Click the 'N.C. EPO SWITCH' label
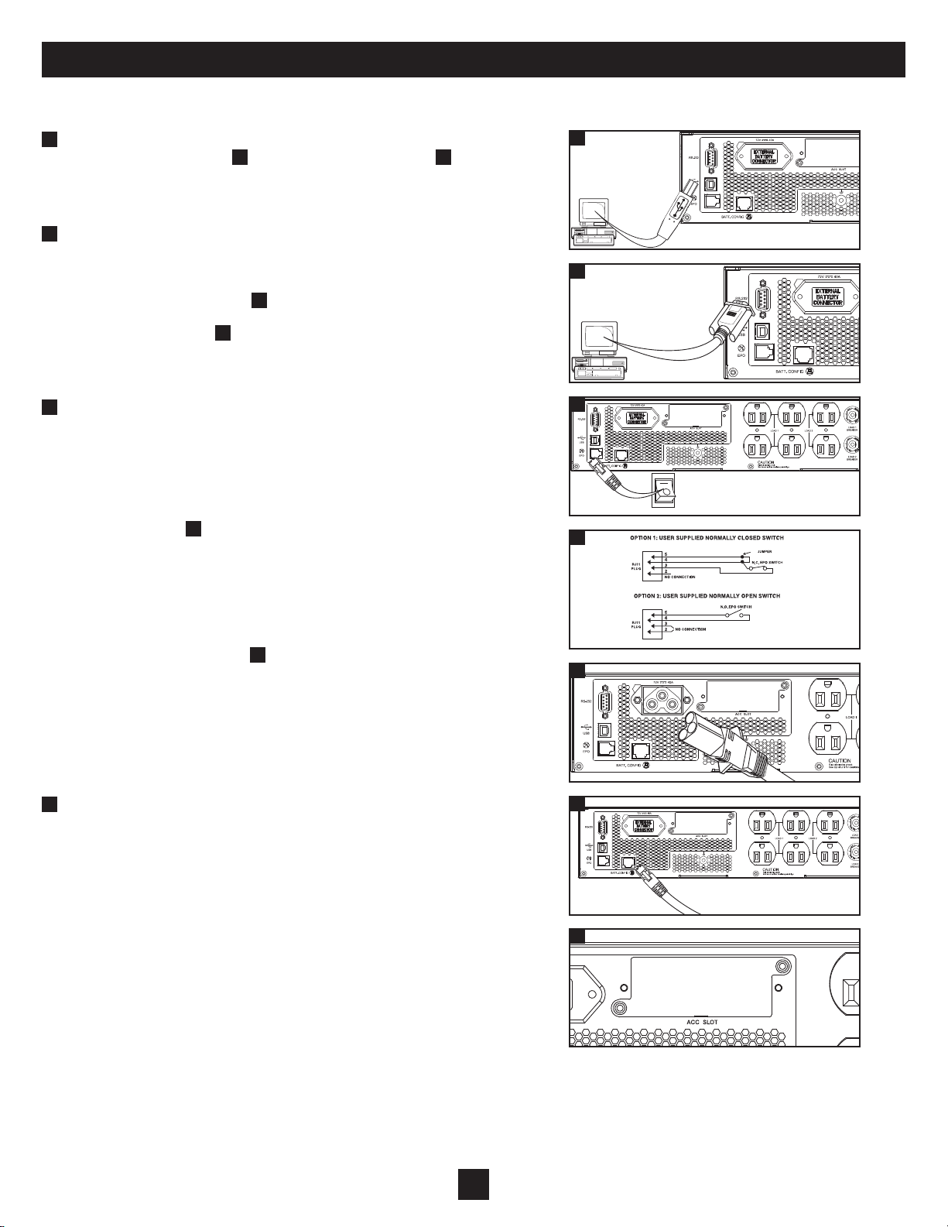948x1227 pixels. [x=767, y=562]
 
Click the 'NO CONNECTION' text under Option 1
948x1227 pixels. [x=679, y=578]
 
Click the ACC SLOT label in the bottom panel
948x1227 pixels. [x=702, y=1022]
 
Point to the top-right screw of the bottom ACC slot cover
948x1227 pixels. [x=785, y=967]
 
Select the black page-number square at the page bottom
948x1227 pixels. [x=474, y=1184]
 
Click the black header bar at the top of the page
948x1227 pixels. [x=474, y=60]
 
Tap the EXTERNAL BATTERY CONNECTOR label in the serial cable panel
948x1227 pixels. [x=828, y=296]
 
